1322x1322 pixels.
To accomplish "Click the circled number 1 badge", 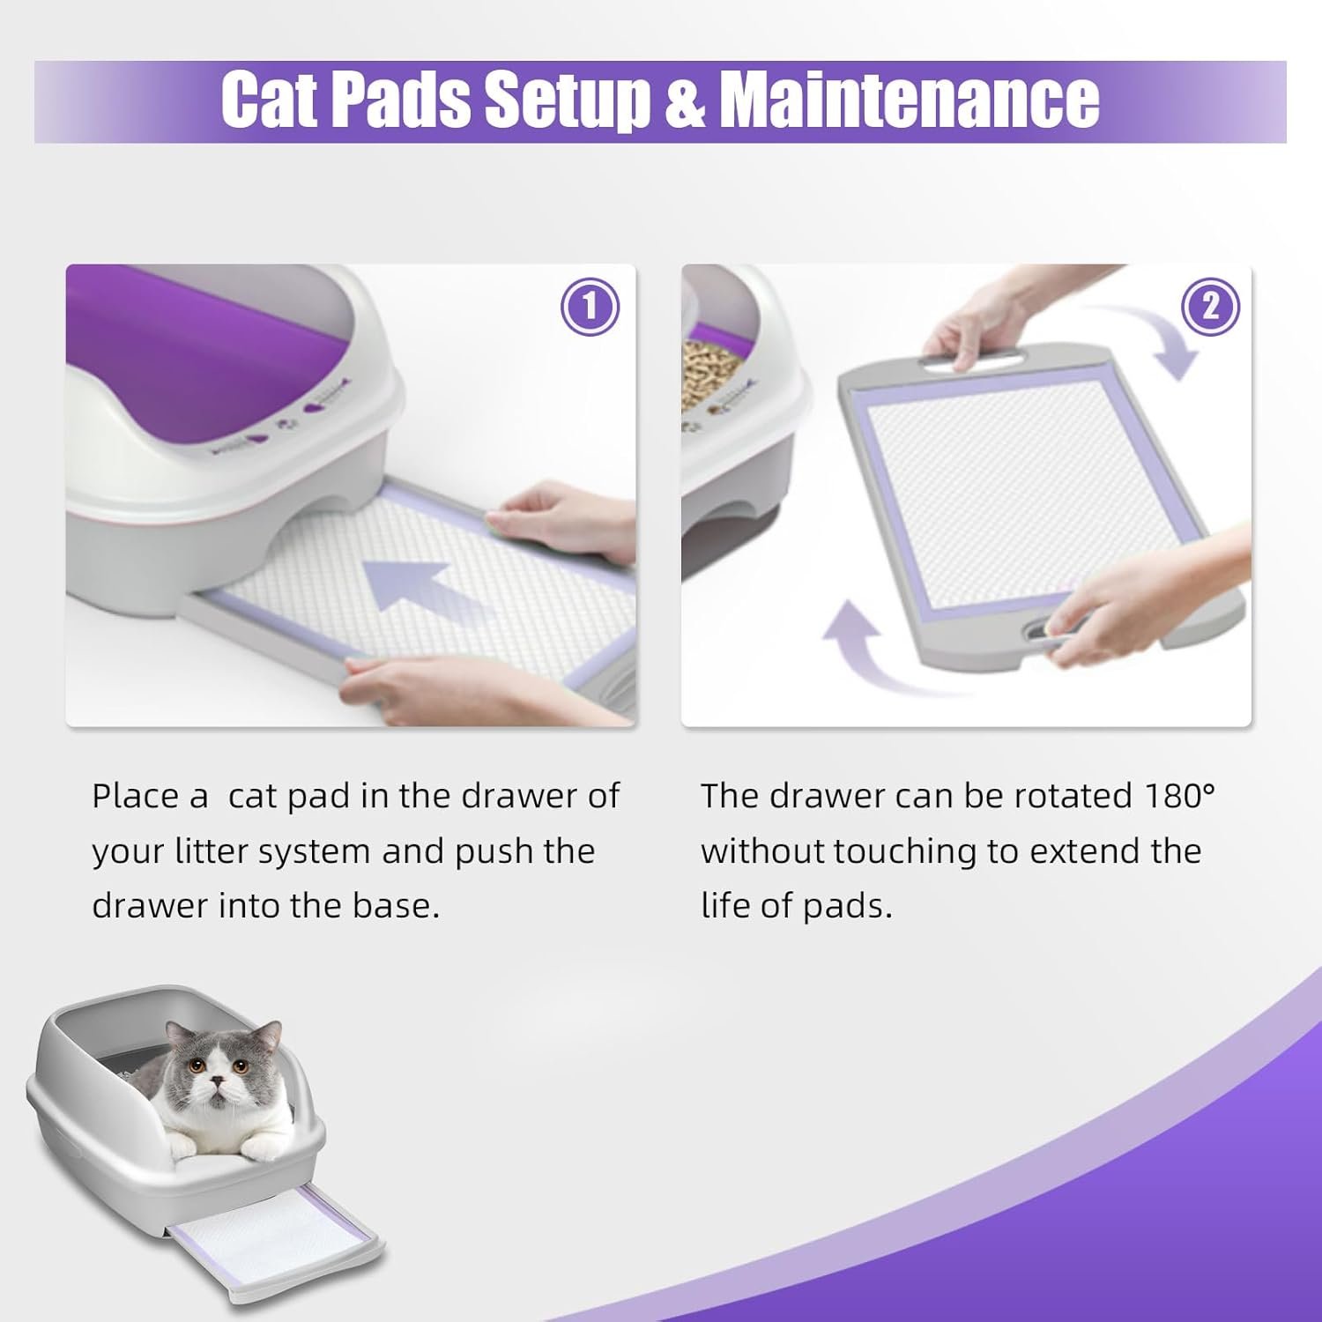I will coord(590,307).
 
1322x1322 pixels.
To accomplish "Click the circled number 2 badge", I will coord(1209,307).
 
